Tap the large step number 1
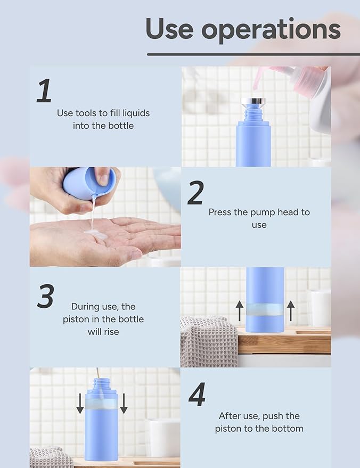(x=45, y=91)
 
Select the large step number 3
(x=45, y=296)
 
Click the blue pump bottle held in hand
(x=89, y=183)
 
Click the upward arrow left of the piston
(x=240, y=310)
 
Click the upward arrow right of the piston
(x=290, y=310)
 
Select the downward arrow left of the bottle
(x=80, y=403)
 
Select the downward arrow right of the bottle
(x=124, y=403)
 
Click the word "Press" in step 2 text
(x=220, y=212)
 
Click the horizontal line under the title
(x=253, y=54)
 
